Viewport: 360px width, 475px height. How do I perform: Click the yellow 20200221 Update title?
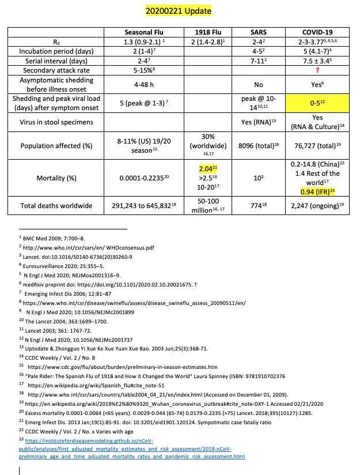pyautogui.click(x=179, y=11)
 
